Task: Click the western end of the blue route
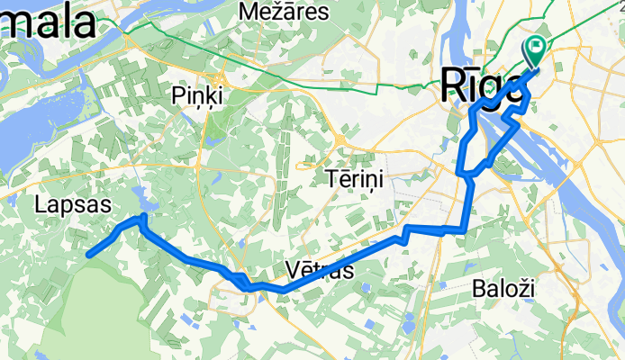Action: [x=89, y=255]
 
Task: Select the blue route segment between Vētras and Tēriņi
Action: [x=360, y=256]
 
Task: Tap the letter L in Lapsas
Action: [x=41, y=205]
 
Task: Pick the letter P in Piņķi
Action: [x=177, y=95]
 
